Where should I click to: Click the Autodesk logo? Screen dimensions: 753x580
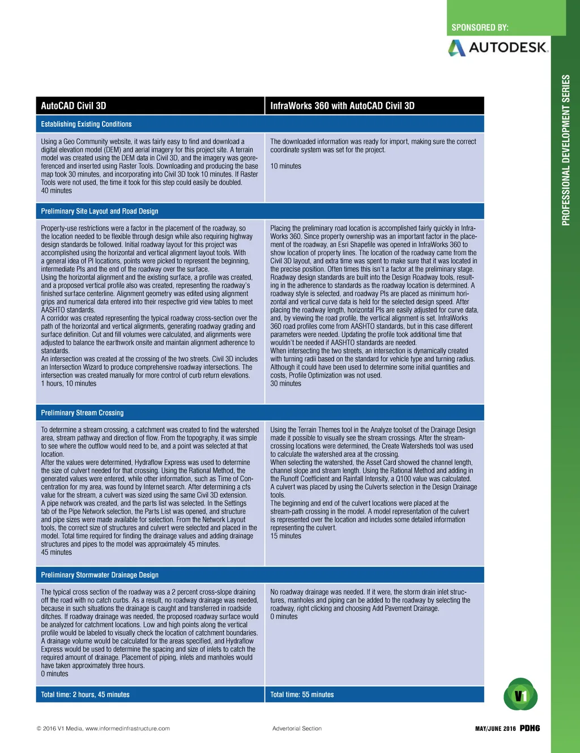[498, 47]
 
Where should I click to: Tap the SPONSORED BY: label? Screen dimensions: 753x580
[480, 27]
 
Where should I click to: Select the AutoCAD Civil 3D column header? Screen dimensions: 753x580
[74, 106]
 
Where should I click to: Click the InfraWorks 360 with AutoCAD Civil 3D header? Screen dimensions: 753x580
[342, 106]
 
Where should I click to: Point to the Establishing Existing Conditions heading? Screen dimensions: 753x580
[86, 124]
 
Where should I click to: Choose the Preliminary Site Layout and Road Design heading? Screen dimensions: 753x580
[100, 211]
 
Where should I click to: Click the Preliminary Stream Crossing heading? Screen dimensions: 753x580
[82, 413]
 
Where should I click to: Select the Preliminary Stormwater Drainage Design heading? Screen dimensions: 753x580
[100, 575]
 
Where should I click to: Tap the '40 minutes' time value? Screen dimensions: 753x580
[57, 191]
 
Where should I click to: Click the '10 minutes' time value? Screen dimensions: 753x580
[285, 166]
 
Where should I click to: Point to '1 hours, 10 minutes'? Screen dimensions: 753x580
[69, 383]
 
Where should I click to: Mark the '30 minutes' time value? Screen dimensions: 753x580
[285, 383]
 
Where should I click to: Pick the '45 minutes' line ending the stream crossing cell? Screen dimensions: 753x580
[57, 552]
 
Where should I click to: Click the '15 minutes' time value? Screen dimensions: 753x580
[285, 536]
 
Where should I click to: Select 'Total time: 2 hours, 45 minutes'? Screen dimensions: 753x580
[85, 695]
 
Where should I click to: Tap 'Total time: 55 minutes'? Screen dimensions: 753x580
[302, 695]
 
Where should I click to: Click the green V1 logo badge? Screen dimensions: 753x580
[521, 695]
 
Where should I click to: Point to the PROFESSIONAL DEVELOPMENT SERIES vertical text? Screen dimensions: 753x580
[566, 150]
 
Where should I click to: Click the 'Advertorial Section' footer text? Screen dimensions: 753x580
[297, 729]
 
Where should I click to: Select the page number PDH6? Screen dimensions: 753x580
[530, 728]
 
